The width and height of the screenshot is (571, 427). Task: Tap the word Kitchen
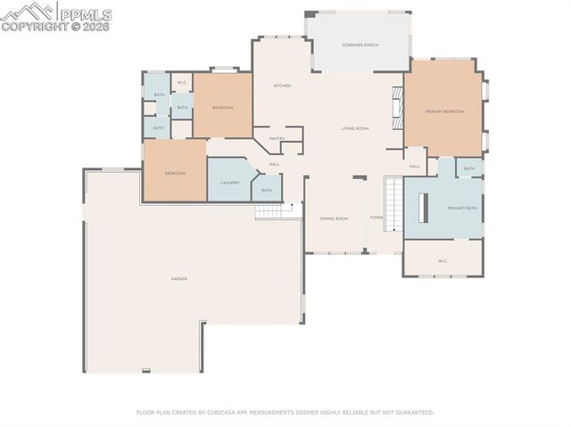click(282, 86)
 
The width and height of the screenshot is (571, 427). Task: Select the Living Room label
click(355, 128)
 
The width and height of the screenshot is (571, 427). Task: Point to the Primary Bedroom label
click(444, 111)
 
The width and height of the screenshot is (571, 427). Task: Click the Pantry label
click(277, 138)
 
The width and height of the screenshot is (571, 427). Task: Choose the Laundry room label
click(229, 183)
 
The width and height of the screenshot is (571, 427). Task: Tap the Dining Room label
click(335, 218)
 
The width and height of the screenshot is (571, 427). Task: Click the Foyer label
click(377, 218)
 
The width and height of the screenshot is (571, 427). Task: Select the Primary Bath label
click(462, 208)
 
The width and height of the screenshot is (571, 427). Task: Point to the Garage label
click(179, 279)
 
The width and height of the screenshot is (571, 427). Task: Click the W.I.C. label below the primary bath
click(443, 261)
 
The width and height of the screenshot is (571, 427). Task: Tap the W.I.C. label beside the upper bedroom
click(181, 83)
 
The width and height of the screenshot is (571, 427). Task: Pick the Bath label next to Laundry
click(267, 190)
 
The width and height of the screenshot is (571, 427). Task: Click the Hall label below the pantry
click(275, 164)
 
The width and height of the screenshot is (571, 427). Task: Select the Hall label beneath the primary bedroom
click(415, 167)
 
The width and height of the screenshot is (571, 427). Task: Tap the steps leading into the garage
click(268, 211)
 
